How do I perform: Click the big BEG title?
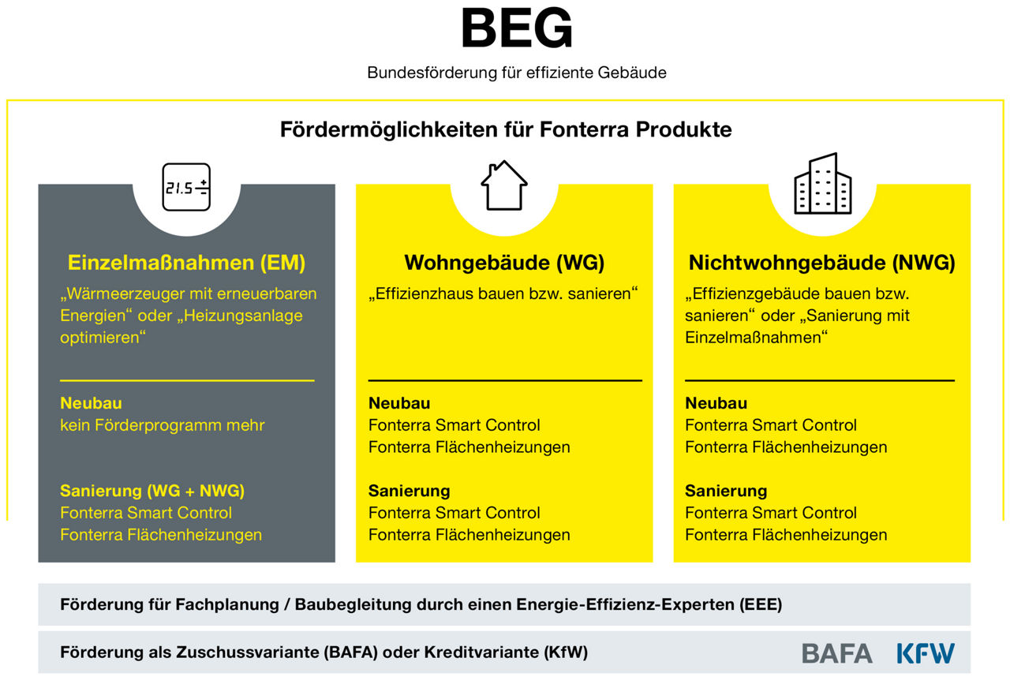point(517,28)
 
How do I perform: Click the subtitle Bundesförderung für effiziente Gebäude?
point(517,73)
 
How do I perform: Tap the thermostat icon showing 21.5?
point(186,187)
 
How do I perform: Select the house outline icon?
point(504,185)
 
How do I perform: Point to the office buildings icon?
point(822,184)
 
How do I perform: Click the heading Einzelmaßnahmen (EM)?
point(186,263)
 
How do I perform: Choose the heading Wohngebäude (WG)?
point(504,263)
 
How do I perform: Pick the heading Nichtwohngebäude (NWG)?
point(822,263)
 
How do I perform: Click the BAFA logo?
point(837,653)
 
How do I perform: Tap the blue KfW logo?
point(926,653)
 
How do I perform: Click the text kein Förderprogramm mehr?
point(163,425)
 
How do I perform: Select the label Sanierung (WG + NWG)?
point(152,491)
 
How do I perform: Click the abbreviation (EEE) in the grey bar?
point(760,604)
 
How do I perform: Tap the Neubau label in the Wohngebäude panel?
point(399,403)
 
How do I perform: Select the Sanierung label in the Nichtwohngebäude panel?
point(726,491)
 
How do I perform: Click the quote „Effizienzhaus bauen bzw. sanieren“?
point(503,293)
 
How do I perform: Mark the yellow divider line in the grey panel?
point(187,380)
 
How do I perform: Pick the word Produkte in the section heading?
point(683,129)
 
